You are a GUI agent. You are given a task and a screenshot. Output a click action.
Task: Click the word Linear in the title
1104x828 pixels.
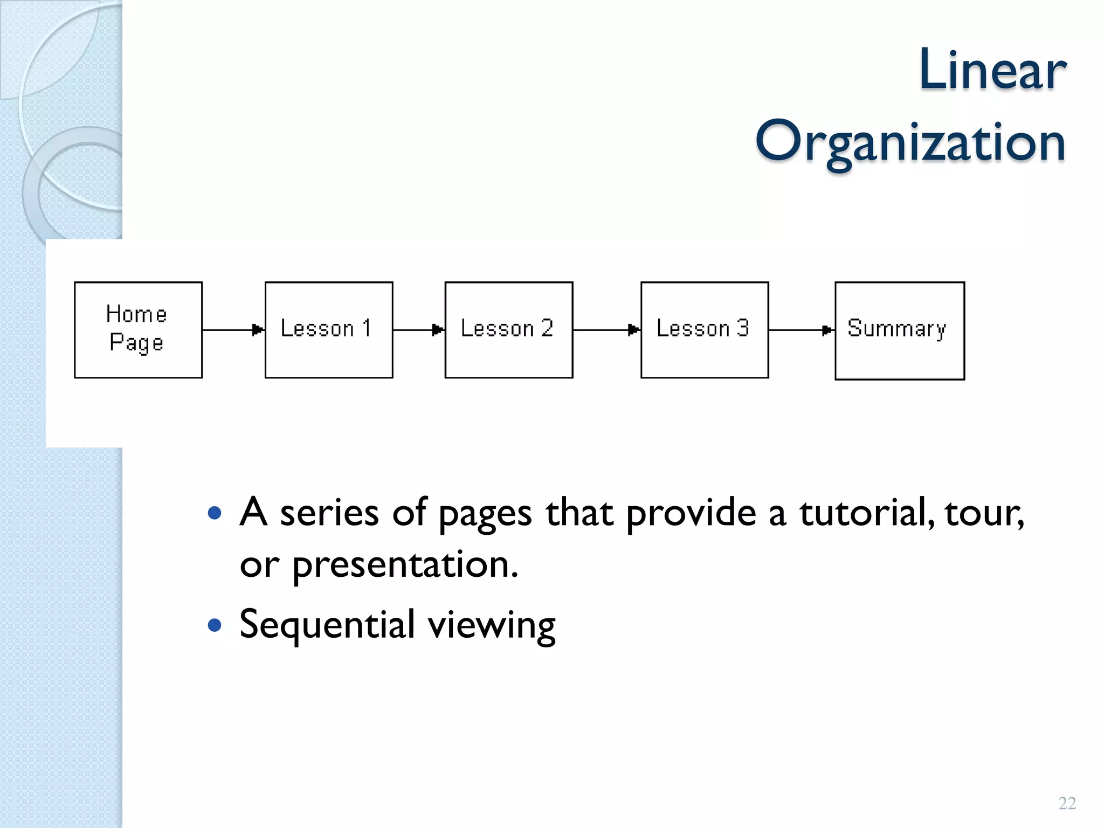(x=992, y=70)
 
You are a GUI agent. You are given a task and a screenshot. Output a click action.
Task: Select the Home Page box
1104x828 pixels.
(x=138, y=329)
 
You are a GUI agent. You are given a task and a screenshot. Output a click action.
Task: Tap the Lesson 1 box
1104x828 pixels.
(x=329, y=329)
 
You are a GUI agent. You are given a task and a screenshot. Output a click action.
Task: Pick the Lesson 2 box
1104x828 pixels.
(x=508, y=329)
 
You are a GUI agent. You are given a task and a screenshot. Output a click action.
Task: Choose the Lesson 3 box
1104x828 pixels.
(x=704, y=329)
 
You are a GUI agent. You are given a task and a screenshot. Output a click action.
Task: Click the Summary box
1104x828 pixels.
(x=899, y=330)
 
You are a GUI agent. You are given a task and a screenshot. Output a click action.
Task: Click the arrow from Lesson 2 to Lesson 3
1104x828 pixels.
(x=606, y=329)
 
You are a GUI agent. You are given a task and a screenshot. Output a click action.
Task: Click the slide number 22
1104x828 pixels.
(x=1067, y=803)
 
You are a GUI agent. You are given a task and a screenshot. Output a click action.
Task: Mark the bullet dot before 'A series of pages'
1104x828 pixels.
(x=215, y=513)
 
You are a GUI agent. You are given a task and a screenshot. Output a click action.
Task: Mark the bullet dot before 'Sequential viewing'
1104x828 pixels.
(x=215, y=625)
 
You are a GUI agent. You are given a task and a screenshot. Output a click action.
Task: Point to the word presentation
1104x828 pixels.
(x=405, y=565)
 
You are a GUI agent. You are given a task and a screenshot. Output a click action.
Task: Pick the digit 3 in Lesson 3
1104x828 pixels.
(x=743, y=328)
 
